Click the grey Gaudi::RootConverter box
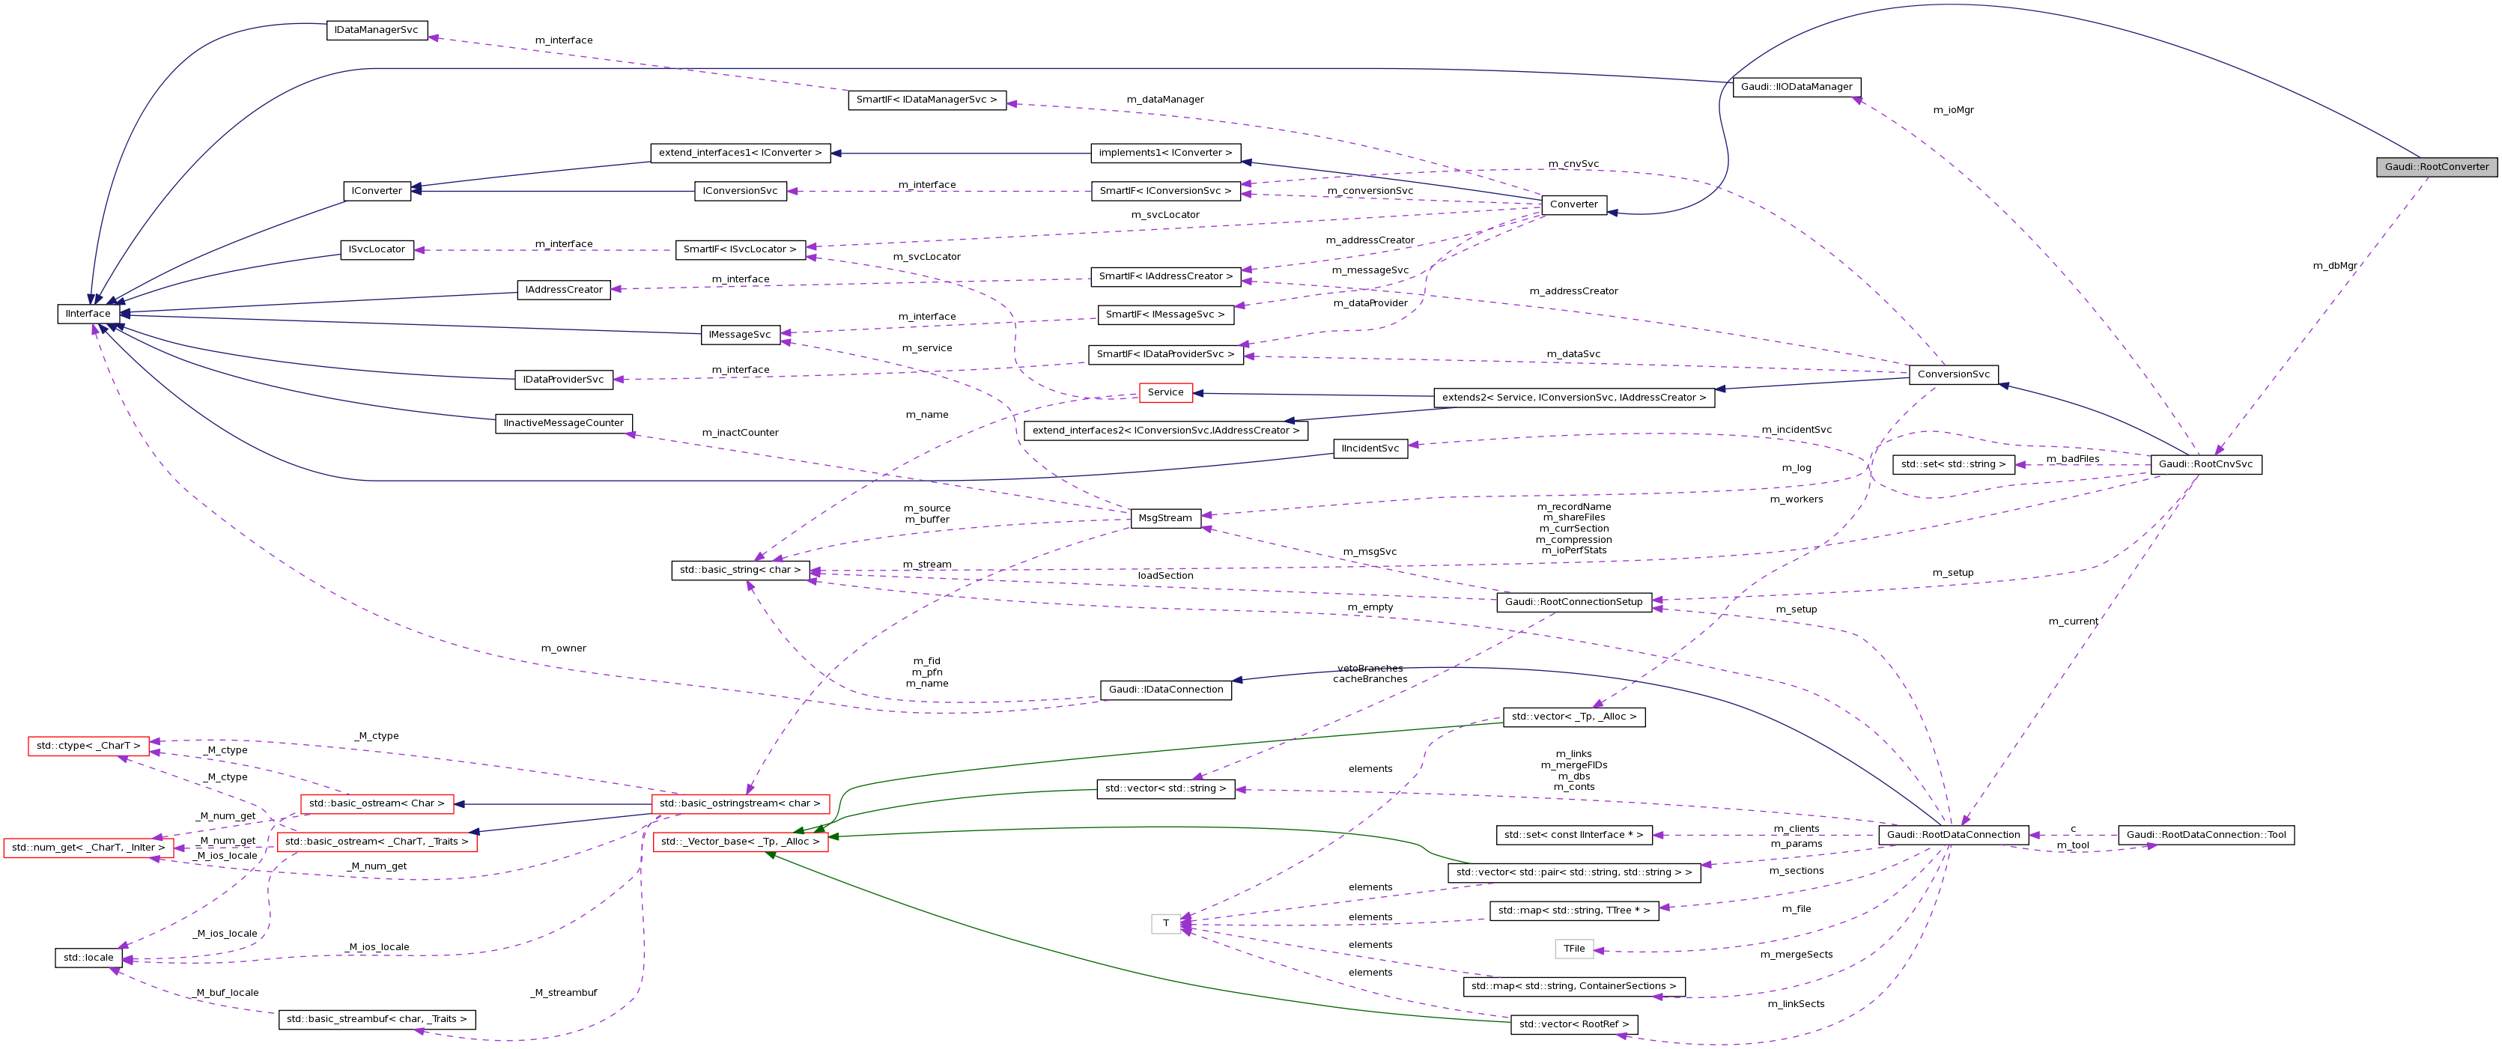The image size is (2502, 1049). pos(2436,167)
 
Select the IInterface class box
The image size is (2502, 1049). pos(88,314)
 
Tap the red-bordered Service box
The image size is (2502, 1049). pos(1165,392)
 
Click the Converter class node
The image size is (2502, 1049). pos(1573,204)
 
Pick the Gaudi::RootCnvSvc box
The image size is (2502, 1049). pos(2205,464)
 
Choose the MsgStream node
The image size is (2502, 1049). pos(1165,517)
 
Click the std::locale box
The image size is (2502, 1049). pos(88,958)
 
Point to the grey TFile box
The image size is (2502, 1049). pos(1573,949)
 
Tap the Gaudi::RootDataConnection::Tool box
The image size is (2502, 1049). pos(2205,836)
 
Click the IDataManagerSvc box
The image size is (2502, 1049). pos(376,30)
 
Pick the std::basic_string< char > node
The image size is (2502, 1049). pos(740,570)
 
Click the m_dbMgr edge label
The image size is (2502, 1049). pos(2334,265)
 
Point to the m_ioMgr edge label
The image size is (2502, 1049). pos(1953,110)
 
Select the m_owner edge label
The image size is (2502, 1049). pos(563,648)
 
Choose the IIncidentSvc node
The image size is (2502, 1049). pos(1370,449)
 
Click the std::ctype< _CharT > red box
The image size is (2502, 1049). pos(88,746)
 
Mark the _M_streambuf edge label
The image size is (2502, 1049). pos(563,993)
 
